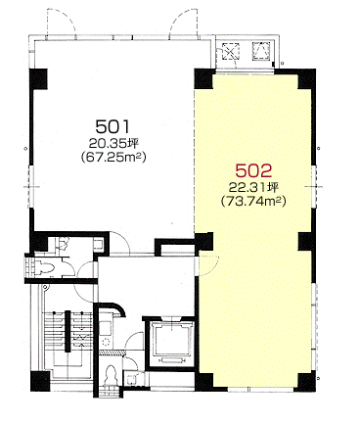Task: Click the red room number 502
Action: click(253, 170)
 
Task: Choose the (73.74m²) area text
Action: click(253, 202)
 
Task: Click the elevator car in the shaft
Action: click(171, 340)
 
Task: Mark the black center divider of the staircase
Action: click(67, 331)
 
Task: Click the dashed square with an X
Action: click(231, 51)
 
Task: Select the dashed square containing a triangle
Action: click(261, 51)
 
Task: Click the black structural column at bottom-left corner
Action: click(40, 381)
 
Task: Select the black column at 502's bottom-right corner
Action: click(307, 381)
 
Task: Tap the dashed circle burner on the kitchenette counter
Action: click(107, 343)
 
